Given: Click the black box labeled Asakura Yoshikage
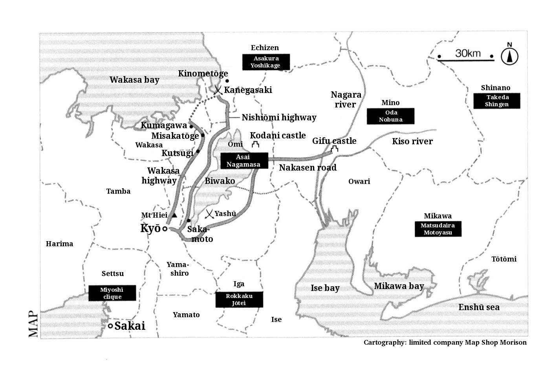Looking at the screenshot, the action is click(266, 62).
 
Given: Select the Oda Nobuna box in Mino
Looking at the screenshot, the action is click(390, 116).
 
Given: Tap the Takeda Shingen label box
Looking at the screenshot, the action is click(497, 101).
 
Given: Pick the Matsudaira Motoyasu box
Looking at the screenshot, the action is click(438, 229).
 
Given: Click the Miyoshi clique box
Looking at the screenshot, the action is click(112, 293).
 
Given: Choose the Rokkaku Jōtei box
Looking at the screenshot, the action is click(239, 300).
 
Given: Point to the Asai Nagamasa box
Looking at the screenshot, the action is click(244, 161).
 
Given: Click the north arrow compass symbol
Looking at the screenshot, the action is click(509, 55).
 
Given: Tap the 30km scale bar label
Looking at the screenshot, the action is click(468, 53).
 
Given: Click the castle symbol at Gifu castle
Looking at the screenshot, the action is click(334, 149).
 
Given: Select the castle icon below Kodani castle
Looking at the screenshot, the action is click(256, 144).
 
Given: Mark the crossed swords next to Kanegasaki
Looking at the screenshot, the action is click(218, 90).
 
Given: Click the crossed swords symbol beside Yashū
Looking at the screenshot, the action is click(209, 214).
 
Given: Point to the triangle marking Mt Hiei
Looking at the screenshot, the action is click(174, 215).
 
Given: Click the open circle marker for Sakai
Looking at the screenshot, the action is click(110, 326).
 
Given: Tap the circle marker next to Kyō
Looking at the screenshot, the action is click(165, 229).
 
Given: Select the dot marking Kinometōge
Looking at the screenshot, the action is click(227, 81).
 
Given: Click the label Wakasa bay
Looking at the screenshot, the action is click(134, 80).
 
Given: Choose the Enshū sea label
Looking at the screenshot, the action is click(479, 307).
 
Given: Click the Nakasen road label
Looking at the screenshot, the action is click(308, 167).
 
